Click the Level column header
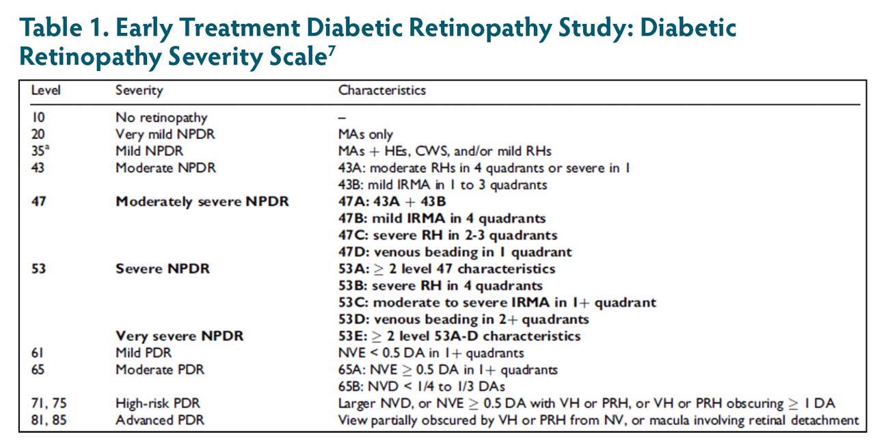[x=45, y=90]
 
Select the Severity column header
[x=139, y=90]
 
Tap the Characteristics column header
[x=382, y=90]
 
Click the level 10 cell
[x=38, y=118]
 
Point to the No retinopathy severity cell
[x=161, y=118]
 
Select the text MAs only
[x=366, y=135]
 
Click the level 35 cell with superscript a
[x=40, y=150]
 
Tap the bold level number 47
[x=39, y=202]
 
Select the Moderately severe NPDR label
[x=202, y=202]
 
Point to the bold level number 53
[x=39, y=269]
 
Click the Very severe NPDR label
[x=180, y=336]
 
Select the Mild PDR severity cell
[x=144, y=353]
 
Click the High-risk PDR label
[x=158, y=403]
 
